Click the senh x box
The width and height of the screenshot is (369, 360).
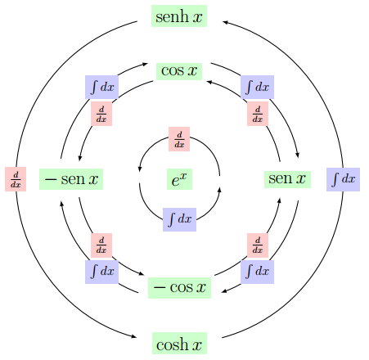179,16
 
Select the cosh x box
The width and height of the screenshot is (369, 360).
179,343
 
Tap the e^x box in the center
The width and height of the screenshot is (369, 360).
179,179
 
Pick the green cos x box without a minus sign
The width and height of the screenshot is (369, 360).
179,71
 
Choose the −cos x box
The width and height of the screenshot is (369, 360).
179,288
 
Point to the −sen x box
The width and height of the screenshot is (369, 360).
71,179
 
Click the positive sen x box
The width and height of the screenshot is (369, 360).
287,179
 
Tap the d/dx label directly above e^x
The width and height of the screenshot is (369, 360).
179,139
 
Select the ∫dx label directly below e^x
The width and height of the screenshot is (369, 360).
179,219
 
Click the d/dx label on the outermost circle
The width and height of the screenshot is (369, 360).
16,179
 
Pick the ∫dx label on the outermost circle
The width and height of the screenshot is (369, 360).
343,179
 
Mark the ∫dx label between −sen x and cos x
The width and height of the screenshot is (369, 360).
101,87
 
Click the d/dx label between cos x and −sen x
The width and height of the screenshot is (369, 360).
101,114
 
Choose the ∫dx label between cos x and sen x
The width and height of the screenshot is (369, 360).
257,87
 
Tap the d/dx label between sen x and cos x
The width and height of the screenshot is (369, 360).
258,114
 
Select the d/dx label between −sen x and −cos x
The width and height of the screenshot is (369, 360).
101,245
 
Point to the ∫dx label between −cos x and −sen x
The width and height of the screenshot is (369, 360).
101,272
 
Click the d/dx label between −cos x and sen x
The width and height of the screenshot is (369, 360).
258,245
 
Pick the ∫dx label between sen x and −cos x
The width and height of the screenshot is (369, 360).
257,272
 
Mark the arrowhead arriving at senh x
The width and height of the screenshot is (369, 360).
225,22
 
